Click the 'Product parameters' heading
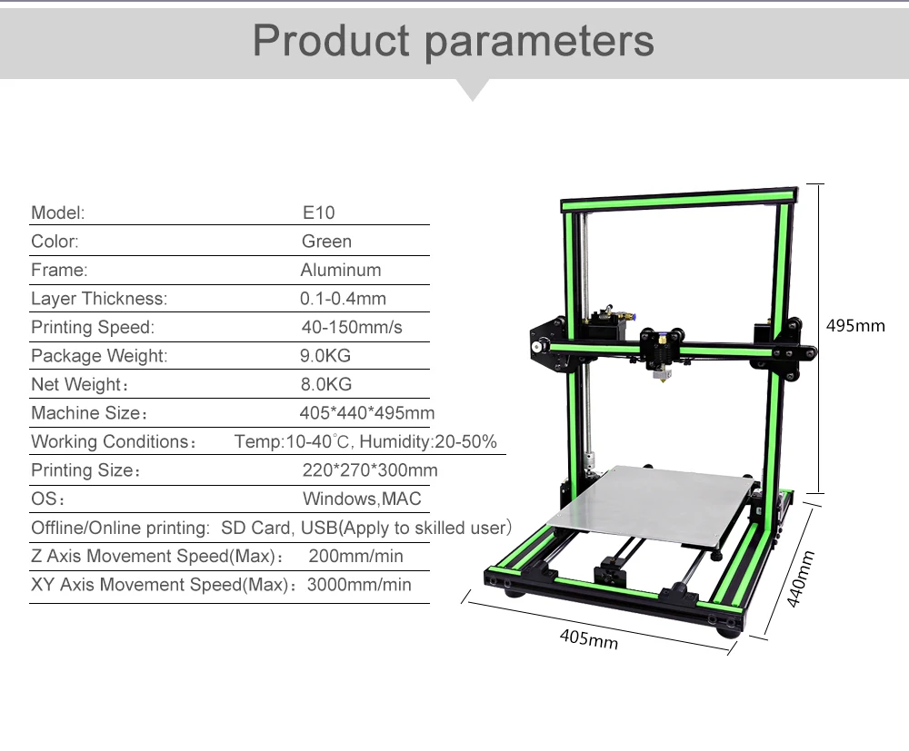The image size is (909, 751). point(454,41)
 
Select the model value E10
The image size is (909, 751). point(318,212)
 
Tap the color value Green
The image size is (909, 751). point(326,241)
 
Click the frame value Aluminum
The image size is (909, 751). point(341,270)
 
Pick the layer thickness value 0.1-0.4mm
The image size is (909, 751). point(343,298)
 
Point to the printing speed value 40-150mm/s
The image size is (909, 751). point(351,327)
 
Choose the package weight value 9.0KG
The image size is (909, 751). point(325,356)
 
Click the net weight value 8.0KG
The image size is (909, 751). point(325,384)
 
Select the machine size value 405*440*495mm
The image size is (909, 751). point(367,413)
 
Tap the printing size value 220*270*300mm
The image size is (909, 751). point(370,470)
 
